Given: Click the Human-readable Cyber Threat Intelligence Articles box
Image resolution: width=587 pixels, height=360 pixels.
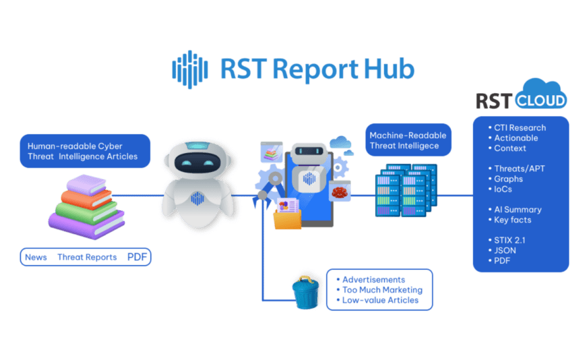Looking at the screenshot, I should [x=84, y=151].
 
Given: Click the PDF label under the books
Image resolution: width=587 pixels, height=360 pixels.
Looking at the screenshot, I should [x=139, y=257].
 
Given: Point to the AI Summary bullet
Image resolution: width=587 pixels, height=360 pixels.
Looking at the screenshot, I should [x=518, y=210].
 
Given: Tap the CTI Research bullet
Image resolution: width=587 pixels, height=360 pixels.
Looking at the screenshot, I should [x=520, y=127].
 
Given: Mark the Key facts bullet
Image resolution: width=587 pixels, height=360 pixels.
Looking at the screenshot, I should [x=512, y=220].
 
